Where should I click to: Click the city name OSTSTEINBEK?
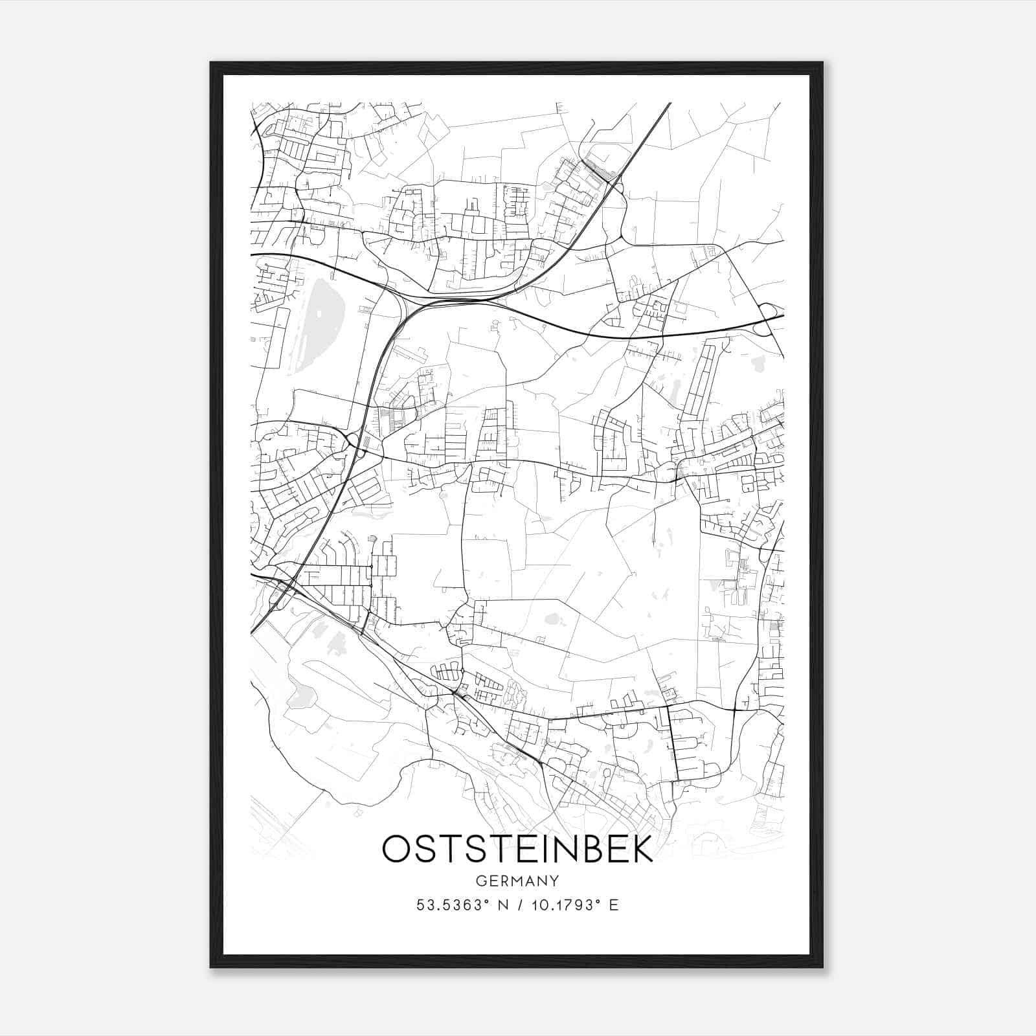pos(517,850)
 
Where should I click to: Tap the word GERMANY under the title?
pos(517,881)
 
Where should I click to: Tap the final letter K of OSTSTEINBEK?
pos(641,850)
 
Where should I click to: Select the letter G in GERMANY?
pos(480,881)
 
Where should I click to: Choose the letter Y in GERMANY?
pos(554,881)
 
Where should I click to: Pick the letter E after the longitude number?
pos(614,905)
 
